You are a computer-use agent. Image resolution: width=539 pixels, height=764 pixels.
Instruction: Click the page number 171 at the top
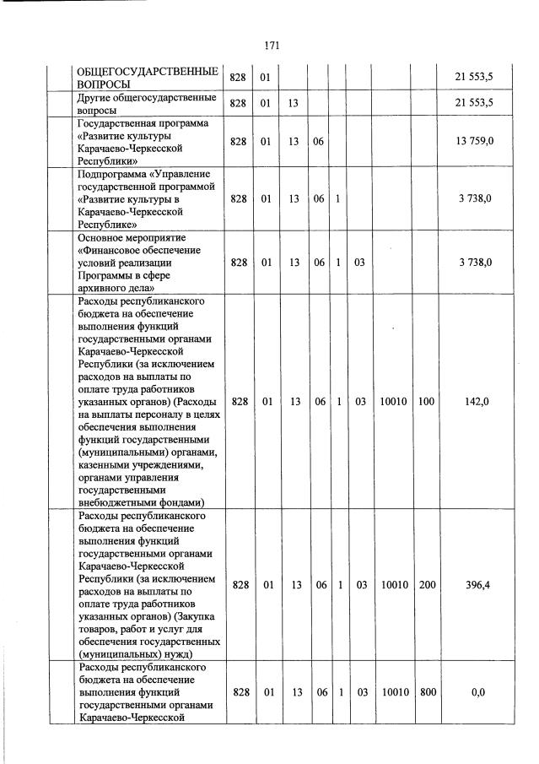[271, 46]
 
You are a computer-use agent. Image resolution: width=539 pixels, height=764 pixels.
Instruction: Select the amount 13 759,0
[475, 141]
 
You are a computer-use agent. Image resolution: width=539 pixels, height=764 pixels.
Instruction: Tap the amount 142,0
[477, 402]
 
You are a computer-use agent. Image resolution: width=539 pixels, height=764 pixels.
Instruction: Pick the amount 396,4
[477, 584]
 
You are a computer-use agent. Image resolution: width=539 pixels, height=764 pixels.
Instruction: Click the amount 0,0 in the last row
[477, 692]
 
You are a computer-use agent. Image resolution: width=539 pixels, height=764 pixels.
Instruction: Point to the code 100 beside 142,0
[426, 402]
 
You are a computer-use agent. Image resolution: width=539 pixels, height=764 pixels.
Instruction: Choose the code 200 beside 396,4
[427, 584]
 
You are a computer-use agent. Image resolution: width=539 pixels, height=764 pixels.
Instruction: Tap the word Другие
[95, 98]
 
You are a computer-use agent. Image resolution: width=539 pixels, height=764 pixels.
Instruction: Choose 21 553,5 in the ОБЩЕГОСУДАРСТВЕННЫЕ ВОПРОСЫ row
[475, 78]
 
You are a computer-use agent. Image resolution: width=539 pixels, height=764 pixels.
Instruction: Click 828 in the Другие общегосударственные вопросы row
[238, 104]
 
